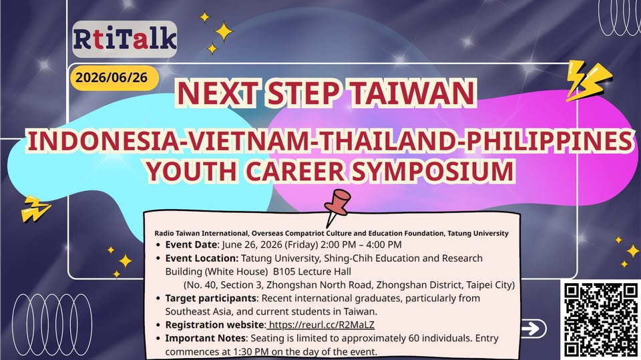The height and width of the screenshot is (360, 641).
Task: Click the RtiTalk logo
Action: point(125,39)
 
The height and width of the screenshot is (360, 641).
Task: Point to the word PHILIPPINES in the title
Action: point(550,141)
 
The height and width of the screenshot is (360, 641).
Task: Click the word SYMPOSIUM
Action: point(433,171)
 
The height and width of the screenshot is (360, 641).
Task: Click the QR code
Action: point(601,320)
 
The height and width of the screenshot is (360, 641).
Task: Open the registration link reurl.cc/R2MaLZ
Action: point(321,325)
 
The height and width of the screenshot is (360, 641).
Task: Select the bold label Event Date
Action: point(191,244)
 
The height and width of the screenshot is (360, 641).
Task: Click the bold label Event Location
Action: point(202,258)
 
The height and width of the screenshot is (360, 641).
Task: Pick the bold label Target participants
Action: point(210,299)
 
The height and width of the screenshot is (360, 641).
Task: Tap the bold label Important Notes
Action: point(206,339)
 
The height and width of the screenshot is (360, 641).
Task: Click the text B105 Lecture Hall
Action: point(312,271)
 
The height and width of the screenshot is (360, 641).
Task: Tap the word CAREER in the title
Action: point(294,171)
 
